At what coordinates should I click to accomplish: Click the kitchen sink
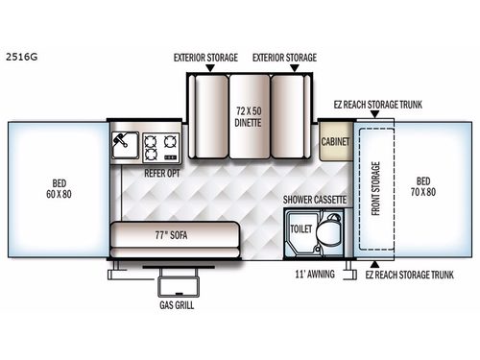124,146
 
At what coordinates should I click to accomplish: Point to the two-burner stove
160,146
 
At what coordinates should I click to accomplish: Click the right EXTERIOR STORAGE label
284,57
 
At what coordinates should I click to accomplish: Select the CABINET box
335,140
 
